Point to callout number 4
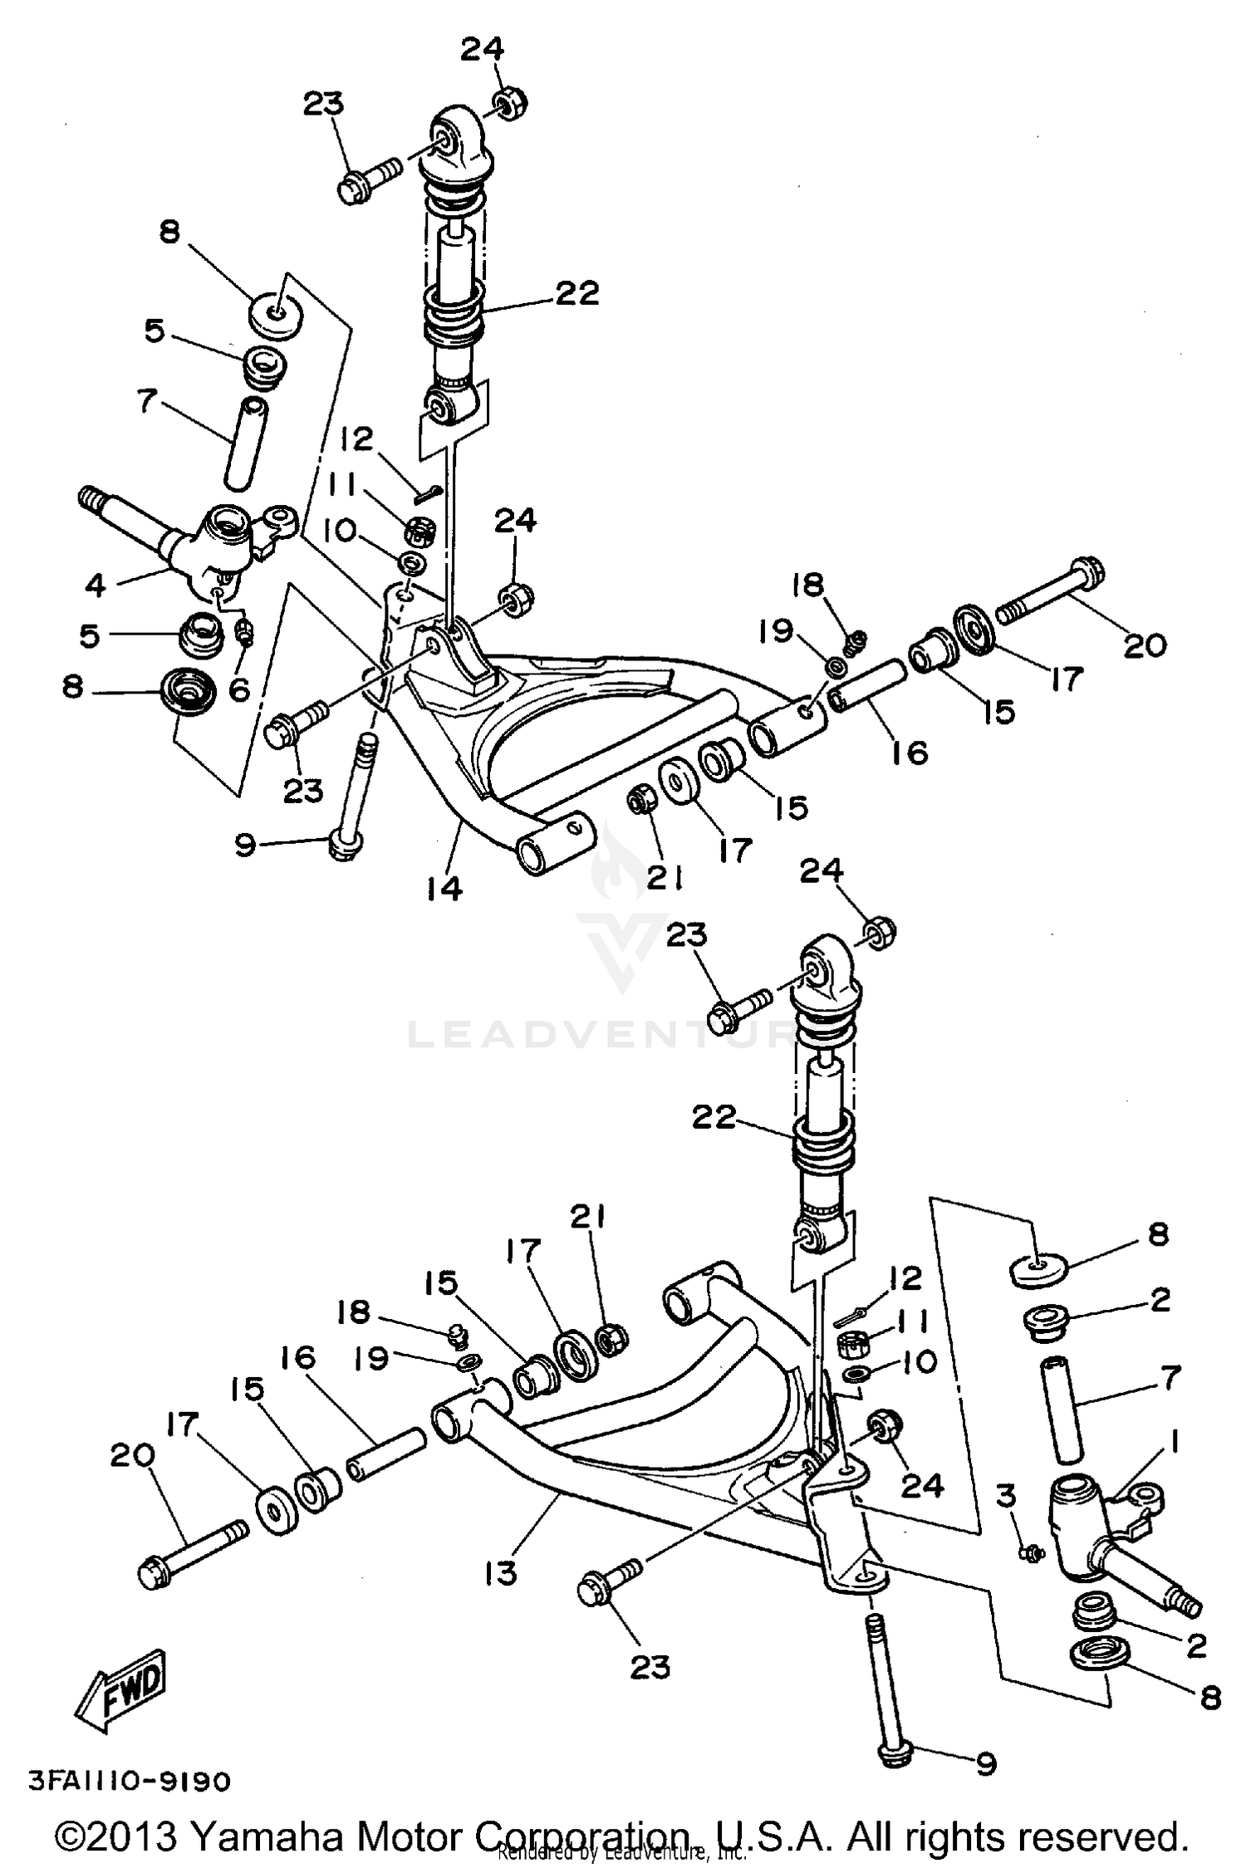pyautogui.click(x=96, y=585)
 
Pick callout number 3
pyautogui.click(x=1005, y=1495)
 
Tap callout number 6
pyautogui.click(x=239, y=689)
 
